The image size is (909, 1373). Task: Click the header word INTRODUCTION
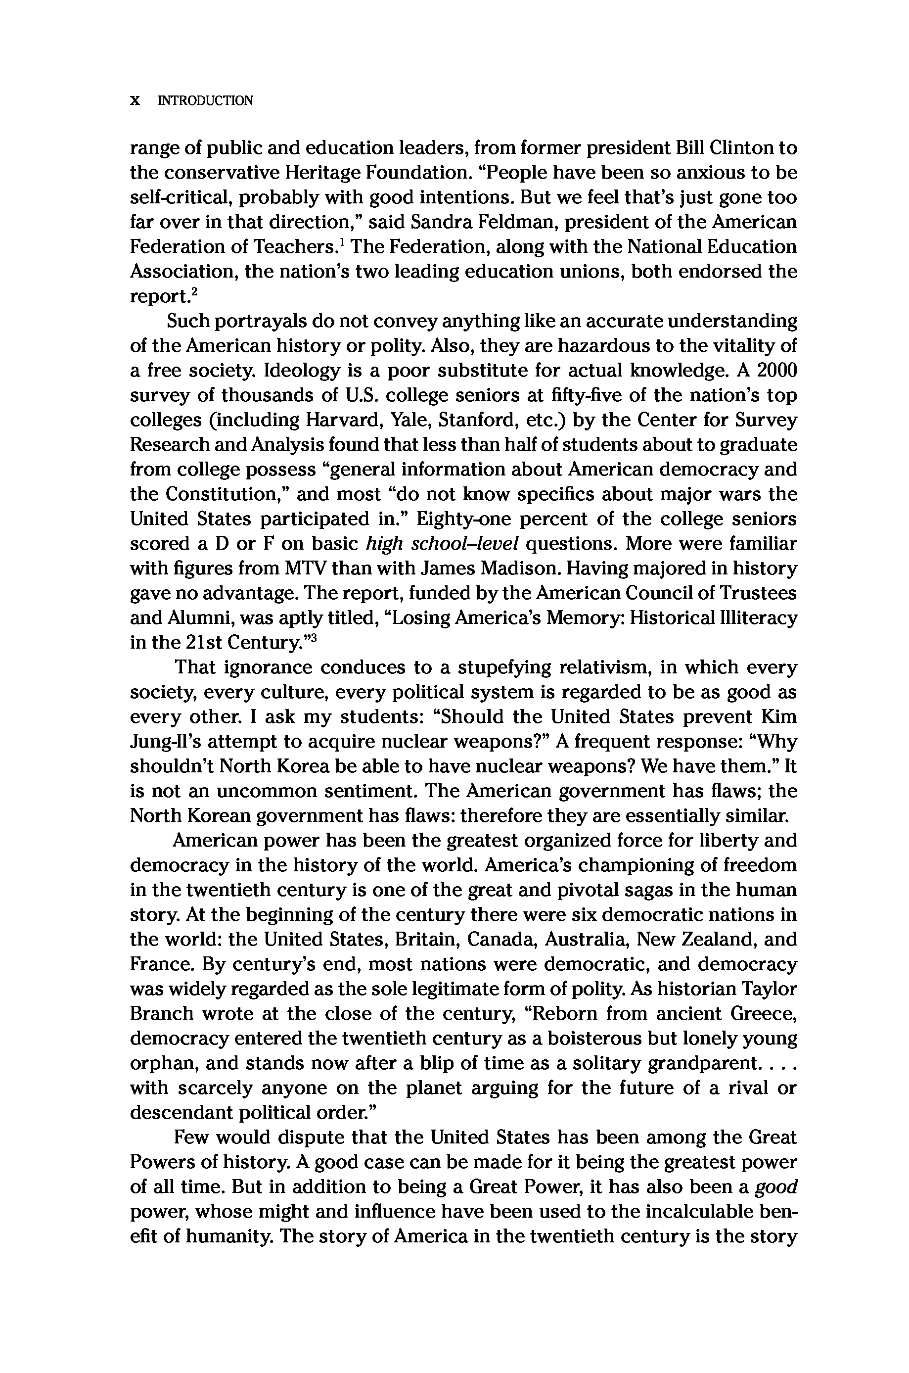206,100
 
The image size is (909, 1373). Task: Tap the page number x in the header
135,100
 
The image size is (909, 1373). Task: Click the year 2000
777,370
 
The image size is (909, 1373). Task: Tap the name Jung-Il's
165,742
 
